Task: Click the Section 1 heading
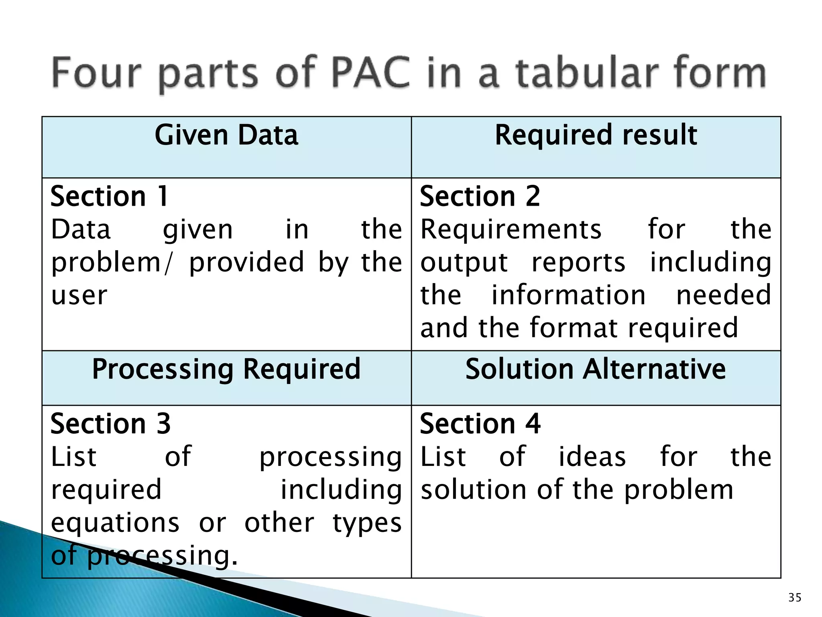(x=109, y=196)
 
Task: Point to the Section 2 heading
(x=480, y=196)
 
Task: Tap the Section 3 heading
(x=111, y=424)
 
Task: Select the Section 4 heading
(x=480, y=424)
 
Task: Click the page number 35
(x=795, y=598)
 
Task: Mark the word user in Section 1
(x=79, y=295)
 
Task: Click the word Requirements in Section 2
(x=511, y=229)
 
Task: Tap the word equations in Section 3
(x=115, y=523)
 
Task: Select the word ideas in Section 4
(x=592, y=457)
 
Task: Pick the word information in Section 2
(x=569, y=295)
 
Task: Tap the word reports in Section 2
(x=578, y=262)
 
